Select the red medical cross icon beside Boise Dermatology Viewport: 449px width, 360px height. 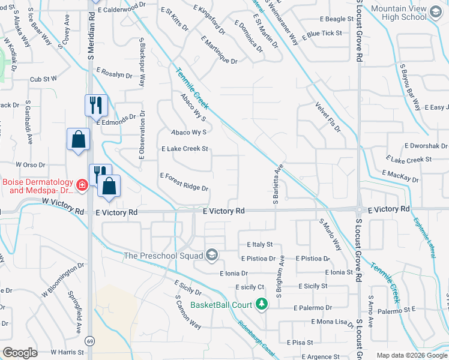tap(81, 186)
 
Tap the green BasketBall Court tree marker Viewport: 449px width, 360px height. tap(261, 305)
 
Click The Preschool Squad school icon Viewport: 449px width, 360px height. tap(211, 256)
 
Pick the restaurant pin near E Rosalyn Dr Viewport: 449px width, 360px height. tap(96, 106)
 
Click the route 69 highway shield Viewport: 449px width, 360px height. tap(89, 341)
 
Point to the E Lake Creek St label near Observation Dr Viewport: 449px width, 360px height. tap(184, 149)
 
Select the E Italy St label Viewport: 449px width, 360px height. tap(259, 245)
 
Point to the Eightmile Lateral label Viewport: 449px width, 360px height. tap(425, 236)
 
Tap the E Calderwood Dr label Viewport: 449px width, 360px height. tap(120, 8)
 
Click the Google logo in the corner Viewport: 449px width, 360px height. tap(20, 353)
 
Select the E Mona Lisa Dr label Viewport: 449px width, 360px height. tap(333, 323)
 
